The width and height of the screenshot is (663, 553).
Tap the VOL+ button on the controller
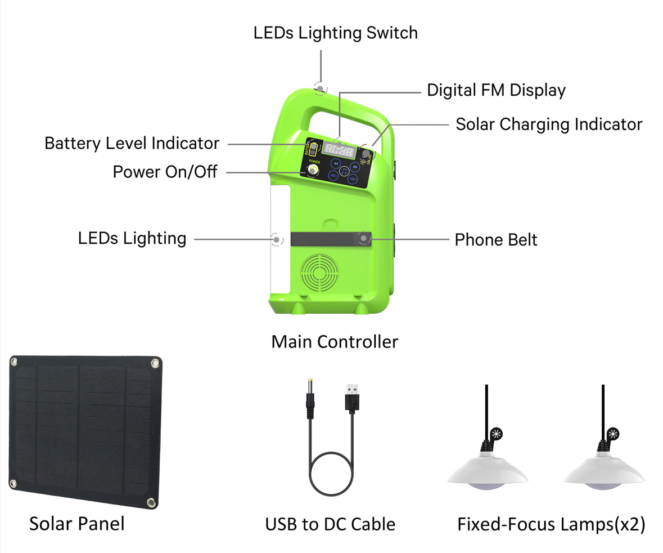pyautogui.click(x=353, y=179)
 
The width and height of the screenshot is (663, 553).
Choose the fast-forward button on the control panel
pyautogui.click(x=354, y=167)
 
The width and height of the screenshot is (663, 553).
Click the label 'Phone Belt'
pyautogui.click(x=495, y=240)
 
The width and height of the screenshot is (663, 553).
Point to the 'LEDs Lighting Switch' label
pyautogui.click(x=335, y=33)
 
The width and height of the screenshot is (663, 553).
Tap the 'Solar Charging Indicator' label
pyautogui.click(x=548, y=124)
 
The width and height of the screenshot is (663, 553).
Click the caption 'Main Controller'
pyautogui.click(x=335, y=341)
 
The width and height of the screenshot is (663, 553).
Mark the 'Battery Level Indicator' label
pyautogui.click(x=132, y=143)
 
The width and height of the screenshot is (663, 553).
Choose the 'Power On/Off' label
pyautogui.click(x=165, y=172)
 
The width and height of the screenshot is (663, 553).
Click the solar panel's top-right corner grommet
pyautogui.click(x=154, y=364)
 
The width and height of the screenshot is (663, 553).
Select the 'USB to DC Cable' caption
pyautogui.click(x=330, y=524)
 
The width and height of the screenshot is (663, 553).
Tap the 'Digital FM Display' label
pyautogui.click(x=496, y=90)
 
